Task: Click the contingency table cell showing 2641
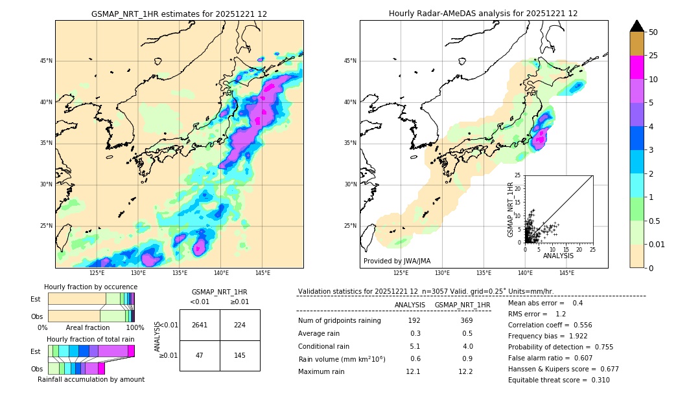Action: [200, 325]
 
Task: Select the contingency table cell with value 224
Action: [240, 325]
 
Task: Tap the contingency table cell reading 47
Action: [200, 355]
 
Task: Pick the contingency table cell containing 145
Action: [240, 355]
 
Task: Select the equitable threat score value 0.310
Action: [598, 380]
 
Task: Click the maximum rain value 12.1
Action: [413, 371]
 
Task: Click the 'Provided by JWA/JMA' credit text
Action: [397, 261]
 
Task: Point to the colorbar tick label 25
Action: [653, 56]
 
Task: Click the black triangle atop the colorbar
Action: [637, 26]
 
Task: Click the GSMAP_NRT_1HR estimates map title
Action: [179, 14]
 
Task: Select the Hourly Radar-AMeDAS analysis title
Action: [484, 14]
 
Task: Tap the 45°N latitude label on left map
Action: [46, 61]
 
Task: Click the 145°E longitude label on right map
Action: [566, 273]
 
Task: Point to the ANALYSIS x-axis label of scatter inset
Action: [558, 256]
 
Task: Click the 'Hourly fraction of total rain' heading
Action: [91, 339]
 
